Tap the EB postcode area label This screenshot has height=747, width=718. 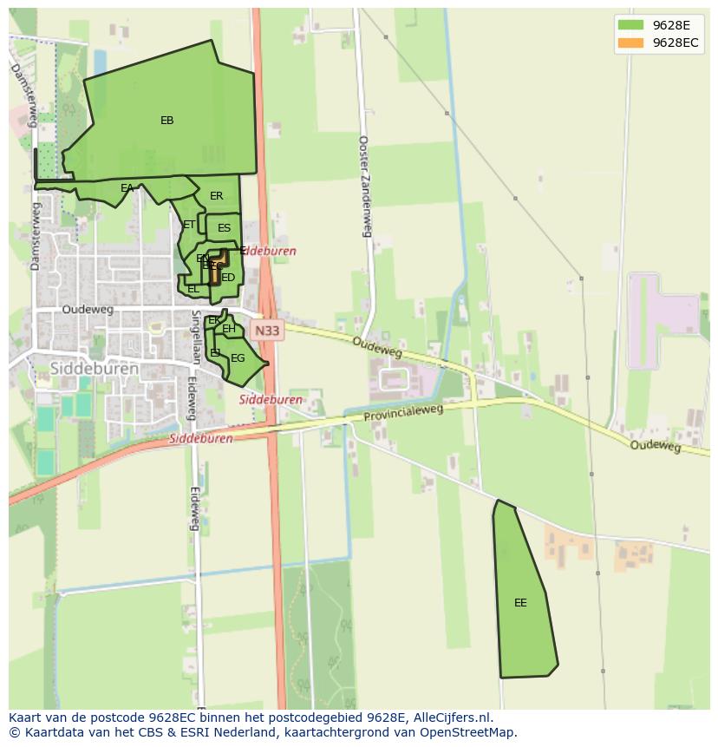[166, 121]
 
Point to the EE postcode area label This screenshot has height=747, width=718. [520, 603]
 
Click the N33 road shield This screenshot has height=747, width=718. [267, 330]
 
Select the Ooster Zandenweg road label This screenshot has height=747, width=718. [365, 186]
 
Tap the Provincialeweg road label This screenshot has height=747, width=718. [403, 414]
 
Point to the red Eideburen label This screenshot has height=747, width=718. [269, 251]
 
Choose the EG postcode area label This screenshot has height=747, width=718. [238, 358]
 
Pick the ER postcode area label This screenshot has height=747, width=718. [217, 196]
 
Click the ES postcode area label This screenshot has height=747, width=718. [224, 228]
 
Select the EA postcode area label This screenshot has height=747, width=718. [127, 188]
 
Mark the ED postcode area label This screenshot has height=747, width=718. [228, 278]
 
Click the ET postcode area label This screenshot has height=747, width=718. [189, 225]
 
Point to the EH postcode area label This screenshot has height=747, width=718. [229, 329]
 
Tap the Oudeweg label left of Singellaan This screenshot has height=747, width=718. [87, 309]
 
